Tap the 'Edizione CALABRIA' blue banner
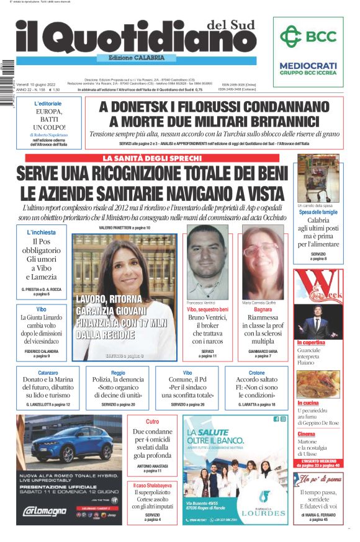tap(132, 58)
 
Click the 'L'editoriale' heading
tap(48, 103)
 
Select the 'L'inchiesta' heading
tap(42, 233)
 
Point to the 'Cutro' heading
tap(153, 422)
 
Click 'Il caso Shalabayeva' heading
tap(152, 485)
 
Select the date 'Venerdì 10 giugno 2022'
tap(41, 84)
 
